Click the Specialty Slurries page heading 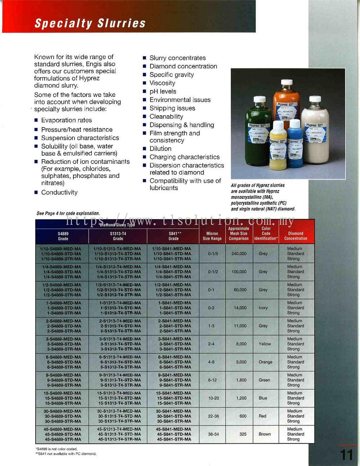(90, 23)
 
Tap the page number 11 (346, 455)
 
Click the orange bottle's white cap (286, 82)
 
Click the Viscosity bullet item (162, 83)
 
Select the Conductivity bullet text (59, 192)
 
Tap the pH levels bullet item (163, 91)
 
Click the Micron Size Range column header (212, 236)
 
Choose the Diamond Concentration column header (296, 236)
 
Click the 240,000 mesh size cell (239, 254)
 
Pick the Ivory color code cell (263, 308)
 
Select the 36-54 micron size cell (213, 434)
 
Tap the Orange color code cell (265, 362)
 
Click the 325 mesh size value (243, 434)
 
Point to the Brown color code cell (265, 434)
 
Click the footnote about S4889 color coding (57, 449)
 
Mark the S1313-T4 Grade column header (118, 236)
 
